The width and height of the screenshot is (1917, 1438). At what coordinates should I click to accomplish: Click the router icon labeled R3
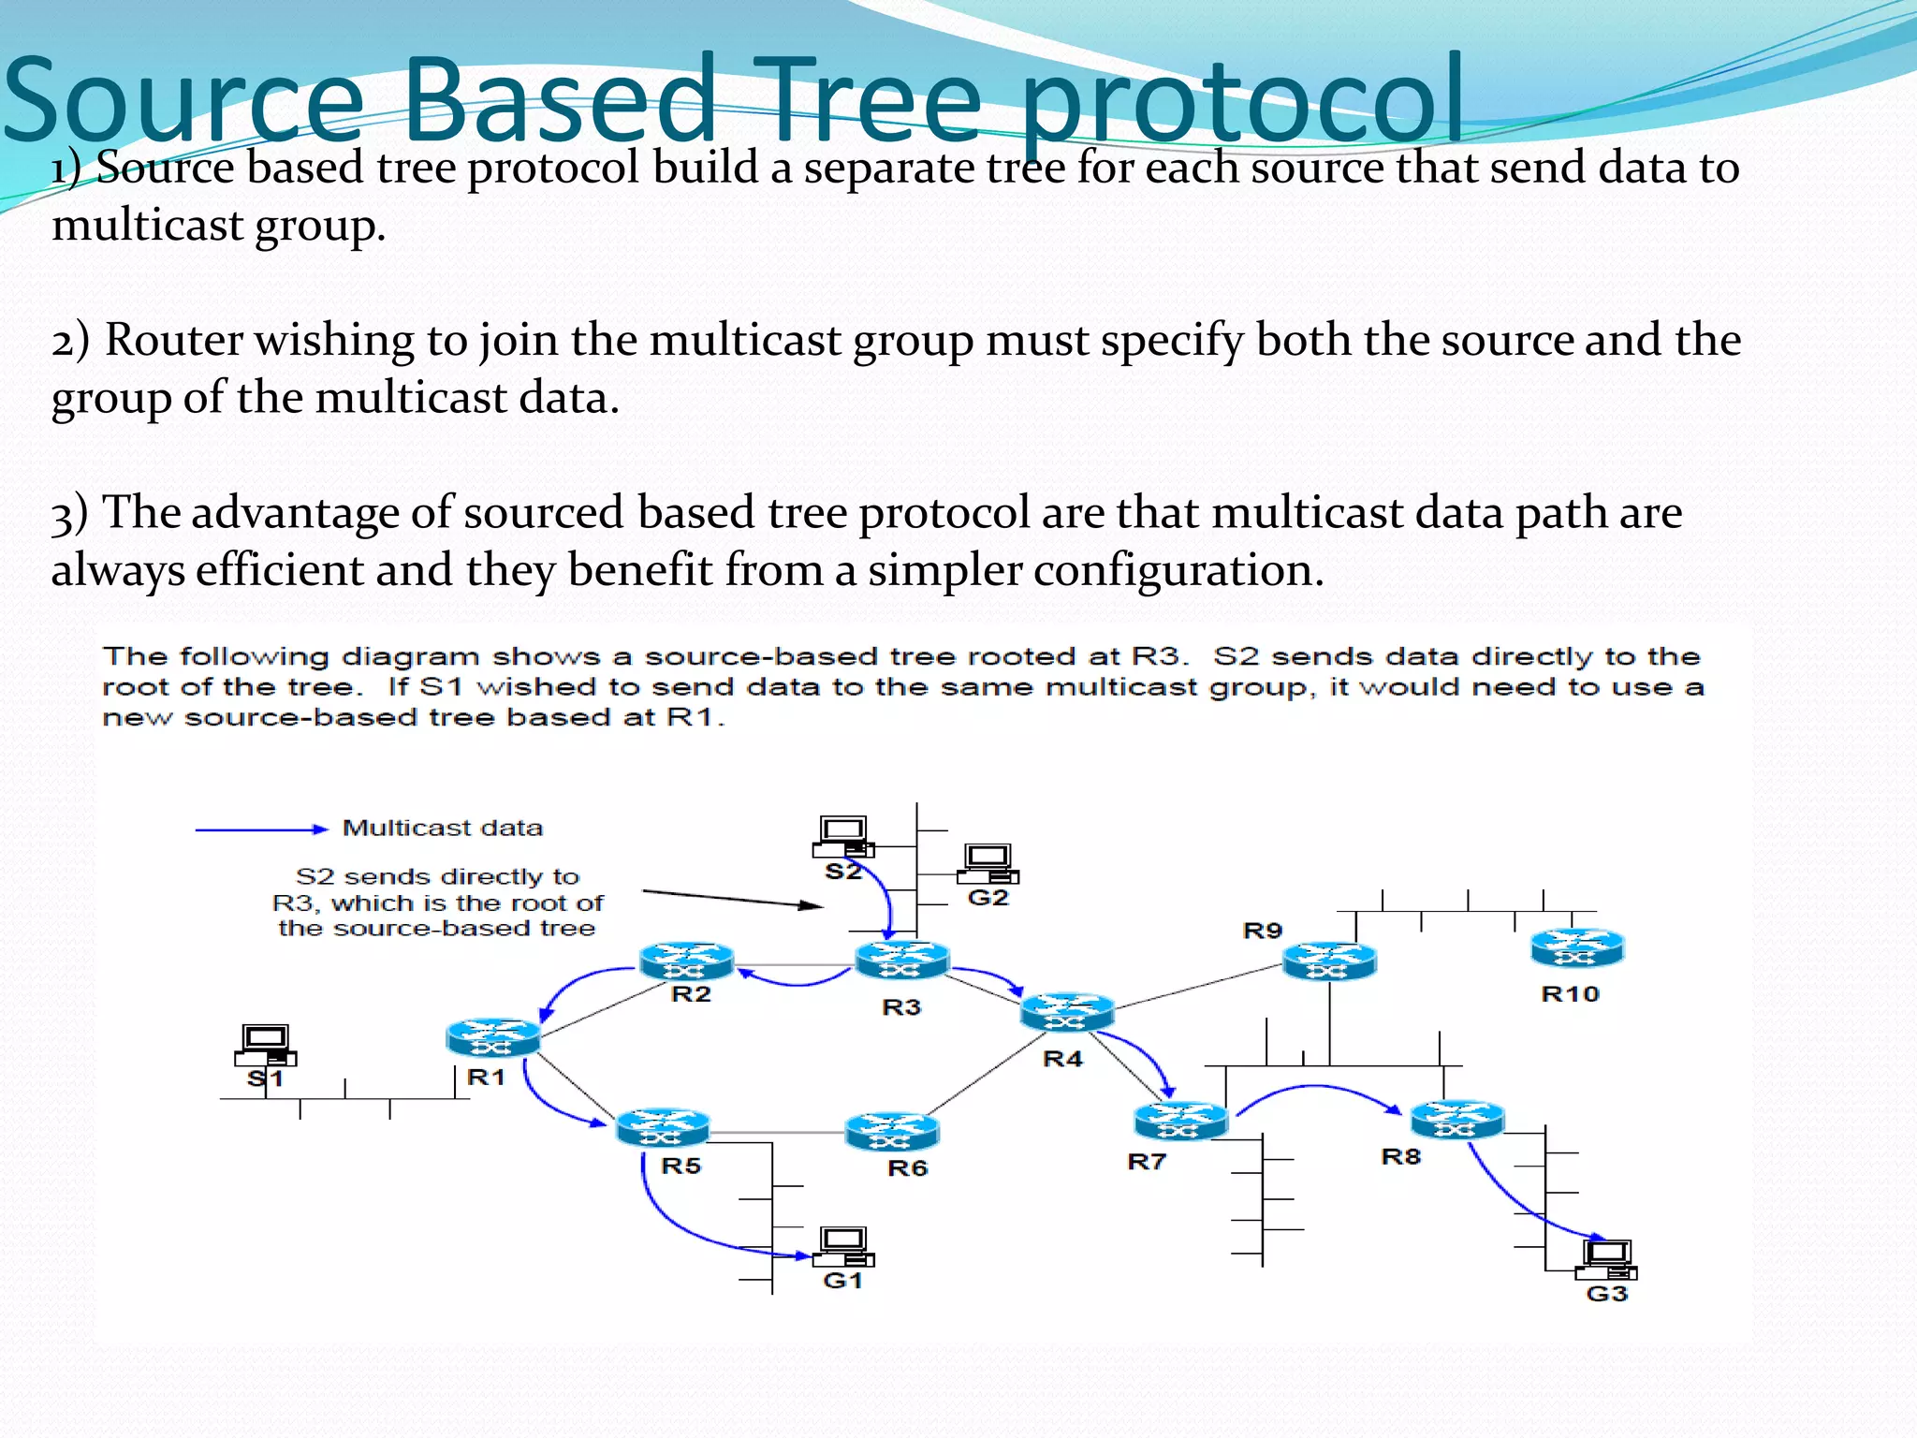click(902, 961)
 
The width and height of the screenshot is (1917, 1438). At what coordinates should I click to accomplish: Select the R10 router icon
click(1577, 947)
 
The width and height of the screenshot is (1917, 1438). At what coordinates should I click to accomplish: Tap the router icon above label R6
click(891, 1132)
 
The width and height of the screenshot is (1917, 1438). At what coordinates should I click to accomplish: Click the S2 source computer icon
click(843, 836)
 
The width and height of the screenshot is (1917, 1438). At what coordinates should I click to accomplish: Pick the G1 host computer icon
click(843, 1246)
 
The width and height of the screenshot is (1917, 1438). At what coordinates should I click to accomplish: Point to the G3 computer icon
click(1606, 1259)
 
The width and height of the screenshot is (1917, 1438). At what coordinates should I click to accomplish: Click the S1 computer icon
click(266, 1044)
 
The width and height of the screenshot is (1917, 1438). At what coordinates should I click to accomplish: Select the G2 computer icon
click(988, 863)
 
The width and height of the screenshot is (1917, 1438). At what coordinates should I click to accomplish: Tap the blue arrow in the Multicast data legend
click(261, 829)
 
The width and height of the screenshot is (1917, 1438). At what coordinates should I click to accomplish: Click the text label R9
click(1262, 931)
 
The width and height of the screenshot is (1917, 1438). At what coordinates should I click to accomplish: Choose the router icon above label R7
click(1180, 1121)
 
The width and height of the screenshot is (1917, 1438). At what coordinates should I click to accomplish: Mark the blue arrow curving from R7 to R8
click(1317, 1089)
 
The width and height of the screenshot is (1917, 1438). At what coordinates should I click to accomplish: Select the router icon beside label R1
click(493, 1037)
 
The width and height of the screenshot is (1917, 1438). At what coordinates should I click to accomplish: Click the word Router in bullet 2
click(172, 339)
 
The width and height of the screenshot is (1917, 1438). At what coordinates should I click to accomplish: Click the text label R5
click(680, 1166)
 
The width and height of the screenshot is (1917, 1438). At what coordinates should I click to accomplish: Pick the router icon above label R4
click(1067, 1012)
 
